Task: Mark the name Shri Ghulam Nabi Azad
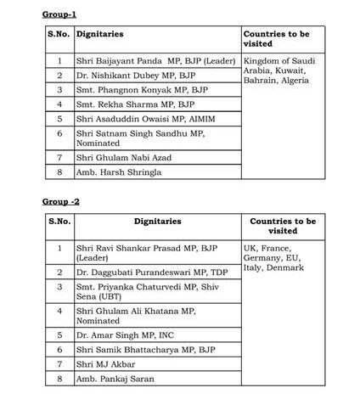tap(122, 157)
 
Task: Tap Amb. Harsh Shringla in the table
tap(118, 171)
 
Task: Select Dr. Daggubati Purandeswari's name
tap(149, 273)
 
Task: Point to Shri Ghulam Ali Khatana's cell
tap(136, 317)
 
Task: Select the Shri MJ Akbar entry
tap(105, 364)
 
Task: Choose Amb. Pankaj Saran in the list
tap(115, 379)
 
